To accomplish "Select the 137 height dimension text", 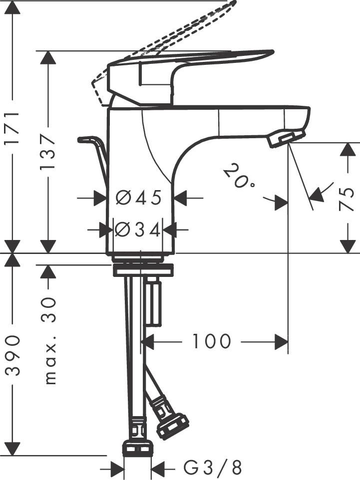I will click(48, 151).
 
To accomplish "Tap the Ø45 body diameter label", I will click(139, 198).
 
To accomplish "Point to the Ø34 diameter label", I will click(137, 230).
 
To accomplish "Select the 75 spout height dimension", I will click(348, 198).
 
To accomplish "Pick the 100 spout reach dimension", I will click(212, 342).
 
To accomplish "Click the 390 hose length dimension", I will click(12, 355).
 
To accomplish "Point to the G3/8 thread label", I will click(213, 468).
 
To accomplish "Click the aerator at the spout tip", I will click(286, 138).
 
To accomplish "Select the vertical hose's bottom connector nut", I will click(137, 448).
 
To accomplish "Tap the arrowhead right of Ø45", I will click(180, 198).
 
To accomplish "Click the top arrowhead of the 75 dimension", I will click(348, 150).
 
